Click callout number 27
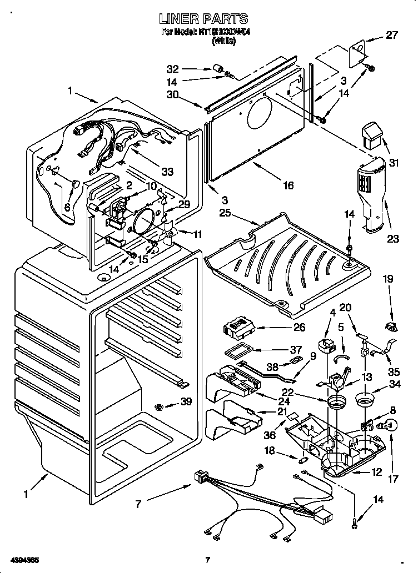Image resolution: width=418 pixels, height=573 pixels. pyautogui.click(x=392, y=35)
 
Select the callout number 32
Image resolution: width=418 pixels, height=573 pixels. pyautogui.click(x=173, y=69)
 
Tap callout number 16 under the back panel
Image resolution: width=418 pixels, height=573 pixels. pyautogui.click(x=287, y=185)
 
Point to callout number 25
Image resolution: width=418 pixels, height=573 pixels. pyautogui.click(x=225, y=213)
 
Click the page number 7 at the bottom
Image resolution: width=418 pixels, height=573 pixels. pyautogui.click(x=207, y=560)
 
